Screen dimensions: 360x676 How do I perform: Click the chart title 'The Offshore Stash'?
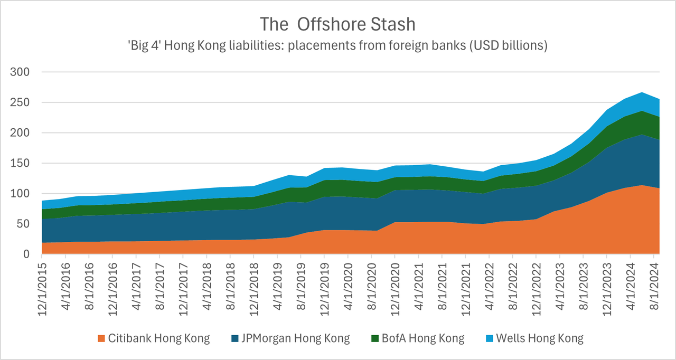tap(338, 24)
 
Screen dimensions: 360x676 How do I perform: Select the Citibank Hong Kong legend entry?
tap(158, 338)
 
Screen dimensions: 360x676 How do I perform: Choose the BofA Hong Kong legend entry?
tap(422, 338)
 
